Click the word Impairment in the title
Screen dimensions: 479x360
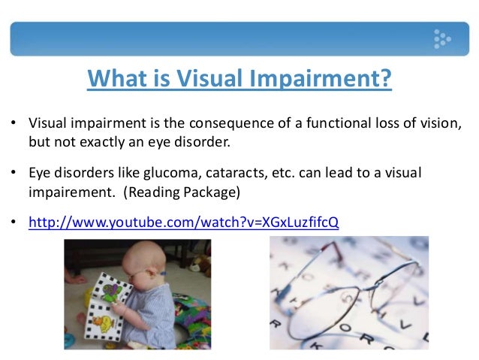(x=320, y=79)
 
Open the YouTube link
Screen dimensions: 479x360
(x=184, y=222)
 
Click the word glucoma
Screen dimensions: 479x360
(x=172, y=174)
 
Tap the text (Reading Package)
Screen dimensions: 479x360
(x=182, y=192)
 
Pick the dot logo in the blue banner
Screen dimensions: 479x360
(x=442, y=39)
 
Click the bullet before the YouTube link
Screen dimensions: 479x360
(x=13, y=221)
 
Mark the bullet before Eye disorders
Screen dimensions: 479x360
(x=13, y=172)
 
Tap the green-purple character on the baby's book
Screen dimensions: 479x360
(x=112, y=292)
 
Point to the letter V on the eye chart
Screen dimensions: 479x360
(x=405, y=325)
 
